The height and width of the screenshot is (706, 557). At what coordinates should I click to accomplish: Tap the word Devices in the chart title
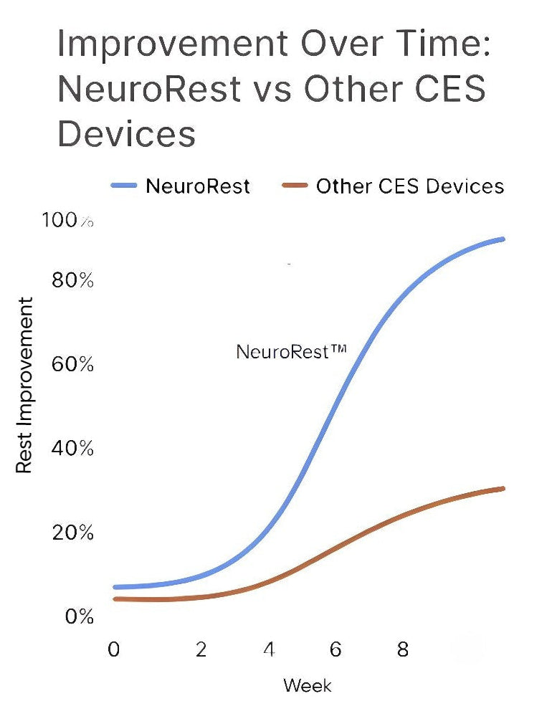pos(126,133)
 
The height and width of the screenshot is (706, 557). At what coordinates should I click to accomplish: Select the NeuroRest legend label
pos(198,186)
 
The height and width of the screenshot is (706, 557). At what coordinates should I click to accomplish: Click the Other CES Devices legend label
pos(410,186)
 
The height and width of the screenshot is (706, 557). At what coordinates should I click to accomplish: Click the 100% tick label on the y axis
pos(67,221)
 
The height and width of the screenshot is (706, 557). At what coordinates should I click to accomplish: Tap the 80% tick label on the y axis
pos(72,280)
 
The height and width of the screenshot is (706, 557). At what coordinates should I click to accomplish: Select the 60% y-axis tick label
pos(72,364)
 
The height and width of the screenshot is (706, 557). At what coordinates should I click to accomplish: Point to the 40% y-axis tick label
pos(72,449)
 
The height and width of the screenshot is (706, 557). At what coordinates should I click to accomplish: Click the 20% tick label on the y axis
pos(72,533)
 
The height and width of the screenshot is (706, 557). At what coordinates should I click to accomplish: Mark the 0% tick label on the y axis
pos(77,616)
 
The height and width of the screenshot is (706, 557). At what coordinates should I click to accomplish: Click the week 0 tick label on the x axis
pos(114,649)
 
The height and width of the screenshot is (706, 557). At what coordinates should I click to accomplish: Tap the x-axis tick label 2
pos(201,649)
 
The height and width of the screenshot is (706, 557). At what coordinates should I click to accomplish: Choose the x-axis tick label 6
pos(335,649)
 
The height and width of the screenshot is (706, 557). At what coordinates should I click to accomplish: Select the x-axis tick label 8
pos(403,649)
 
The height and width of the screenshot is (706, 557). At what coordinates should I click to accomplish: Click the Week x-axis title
pos(308,684)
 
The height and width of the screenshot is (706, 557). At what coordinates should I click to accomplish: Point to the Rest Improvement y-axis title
pos(24,385)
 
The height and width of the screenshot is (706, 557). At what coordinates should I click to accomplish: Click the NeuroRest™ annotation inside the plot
pos(291,351)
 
